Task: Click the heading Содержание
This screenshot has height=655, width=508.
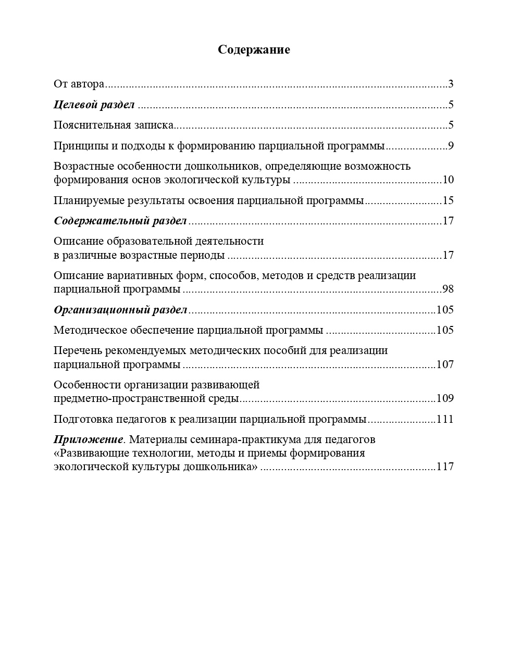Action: point(254,50)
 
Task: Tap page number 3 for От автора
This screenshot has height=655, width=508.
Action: point(451,84)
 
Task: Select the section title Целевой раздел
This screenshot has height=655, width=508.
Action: point(94,105)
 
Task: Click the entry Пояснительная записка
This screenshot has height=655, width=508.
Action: point(113,125)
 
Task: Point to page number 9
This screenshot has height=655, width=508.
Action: point(451,146)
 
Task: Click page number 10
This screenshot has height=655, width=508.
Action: point(448,180)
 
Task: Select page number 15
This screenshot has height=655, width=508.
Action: point(448,201)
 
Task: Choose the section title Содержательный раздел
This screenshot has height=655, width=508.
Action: point(120,221)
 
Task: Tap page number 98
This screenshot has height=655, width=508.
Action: point(448,289)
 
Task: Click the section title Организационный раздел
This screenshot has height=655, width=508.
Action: point(120,310)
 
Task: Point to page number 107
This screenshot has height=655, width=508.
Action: point(445,364)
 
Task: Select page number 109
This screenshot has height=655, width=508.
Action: point(445,399)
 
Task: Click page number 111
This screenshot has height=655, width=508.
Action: point(445,420)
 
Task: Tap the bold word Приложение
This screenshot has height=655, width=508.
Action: point(89,440)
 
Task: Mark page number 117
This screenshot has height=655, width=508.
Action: point(445,467)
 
